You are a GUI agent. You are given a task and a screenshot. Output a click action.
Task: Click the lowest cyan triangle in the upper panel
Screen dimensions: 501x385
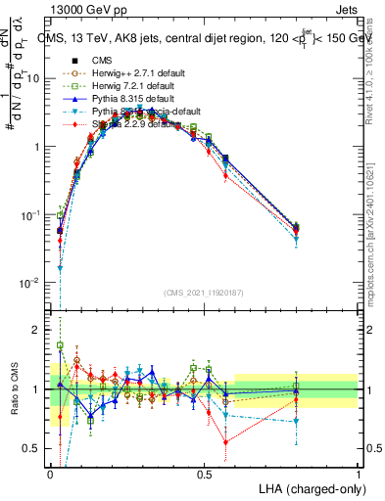[60, 267]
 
